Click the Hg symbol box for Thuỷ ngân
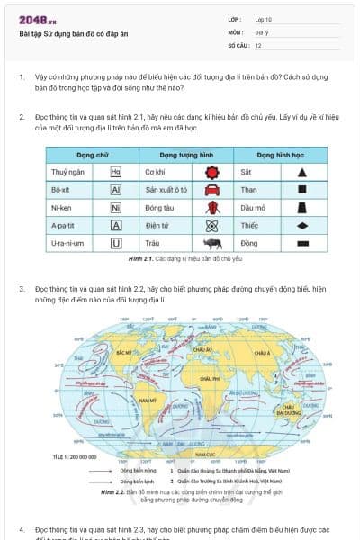pos(115,171)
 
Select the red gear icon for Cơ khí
pos(211,171)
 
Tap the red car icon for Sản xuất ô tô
pos(211,190)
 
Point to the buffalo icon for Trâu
pos(211,243)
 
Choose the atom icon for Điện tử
pos(211,225)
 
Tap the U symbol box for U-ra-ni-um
pos(115,243)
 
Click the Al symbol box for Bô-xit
pos(115,190)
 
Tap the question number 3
pos(22,289)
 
